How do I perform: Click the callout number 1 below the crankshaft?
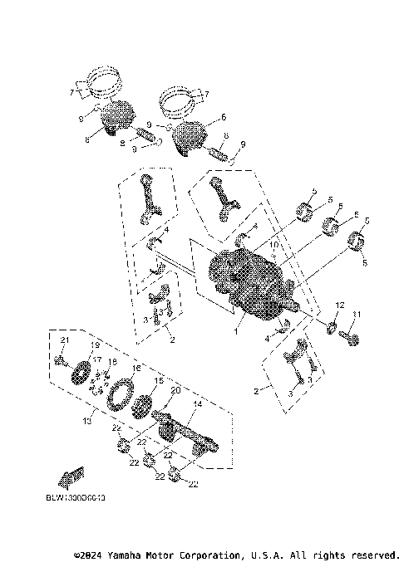pyautogui.click(x=235, y=331)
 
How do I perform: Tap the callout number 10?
pyautogui.click(x=273, y=247)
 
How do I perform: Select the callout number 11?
pyautogui.click(x=359, y=314)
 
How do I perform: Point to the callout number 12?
pyautogui.click(x=339, y=305)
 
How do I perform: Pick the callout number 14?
pyautogui.click(x=197, y=404)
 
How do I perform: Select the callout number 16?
pyautogui.click(x=136, y=368)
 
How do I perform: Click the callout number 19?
pyautogui.click(x=95, y=345)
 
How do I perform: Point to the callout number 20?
pyautogui.click(x=175, y=390)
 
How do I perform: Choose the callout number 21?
pyautogui.click(x=61, y=342)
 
